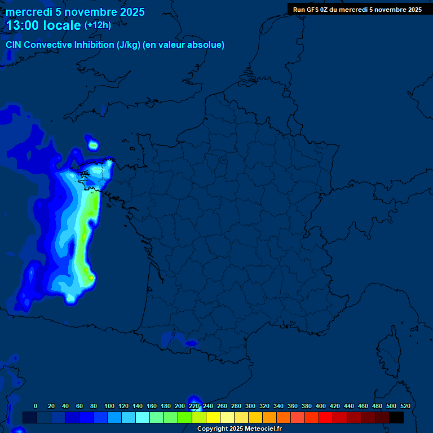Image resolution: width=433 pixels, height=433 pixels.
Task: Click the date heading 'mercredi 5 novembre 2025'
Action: pyautogui.click(x=75, y=12)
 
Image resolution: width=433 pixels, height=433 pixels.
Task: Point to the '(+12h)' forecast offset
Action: pyautogui.click(x=98, y=25)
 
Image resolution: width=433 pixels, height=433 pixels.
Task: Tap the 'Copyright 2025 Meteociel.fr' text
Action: pyautogui.click(x=240, y=429)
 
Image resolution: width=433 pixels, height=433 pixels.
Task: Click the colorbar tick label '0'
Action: pyautogui.click(x=36, y=406)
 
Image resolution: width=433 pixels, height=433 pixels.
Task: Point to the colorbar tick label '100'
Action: pyautogui.click(x=109, y=406)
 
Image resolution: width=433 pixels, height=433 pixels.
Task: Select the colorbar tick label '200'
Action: pyautogui.click(x=180, y=406)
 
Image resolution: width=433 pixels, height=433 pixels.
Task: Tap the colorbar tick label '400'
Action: pyautogui.click(x=321, y=406)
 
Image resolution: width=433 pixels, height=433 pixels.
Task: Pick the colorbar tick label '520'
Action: pyautogui.click(x=405, y=406)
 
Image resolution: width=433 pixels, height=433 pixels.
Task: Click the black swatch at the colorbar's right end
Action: pyautogui.click(x=396, y=417)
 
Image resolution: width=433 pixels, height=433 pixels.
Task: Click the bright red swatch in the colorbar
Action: pyautogui.click(x=326, y=417)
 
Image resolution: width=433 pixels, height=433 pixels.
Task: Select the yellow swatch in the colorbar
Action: pyautogui.click(x=213, y=417)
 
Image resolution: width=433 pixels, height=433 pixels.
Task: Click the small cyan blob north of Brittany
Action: pyautogui.click(x=93, y=145)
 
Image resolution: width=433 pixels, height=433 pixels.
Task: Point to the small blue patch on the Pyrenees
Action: pyautogui.click(x=192, y=342)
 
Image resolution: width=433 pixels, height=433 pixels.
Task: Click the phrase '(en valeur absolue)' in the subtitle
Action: pyautogui.click(x=184, y=45)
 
